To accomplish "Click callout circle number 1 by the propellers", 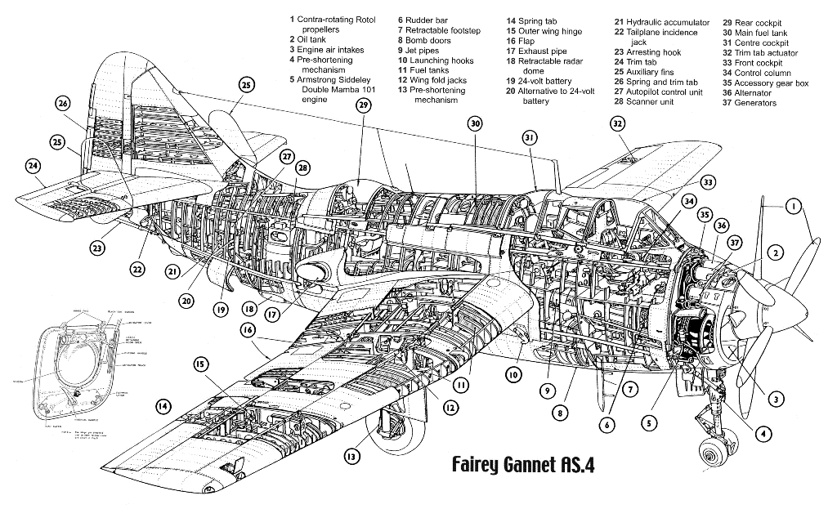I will coord(792,207).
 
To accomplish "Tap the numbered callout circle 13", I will coord(351,457).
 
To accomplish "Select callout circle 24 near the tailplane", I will coord(33,167).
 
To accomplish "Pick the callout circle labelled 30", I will coord(475,123).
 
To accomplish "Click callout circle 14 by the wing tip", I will coord(163,405).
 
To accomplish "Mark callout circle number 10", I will coord(513,375).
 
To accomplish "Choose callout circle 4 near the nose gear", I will coord(763,434).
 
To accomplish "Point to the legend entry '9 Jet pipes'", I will coord(423,51).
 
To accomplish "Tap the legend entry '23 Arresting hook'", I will coord(648,52).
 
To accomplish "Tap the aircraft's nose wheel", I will coord(710,453).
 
